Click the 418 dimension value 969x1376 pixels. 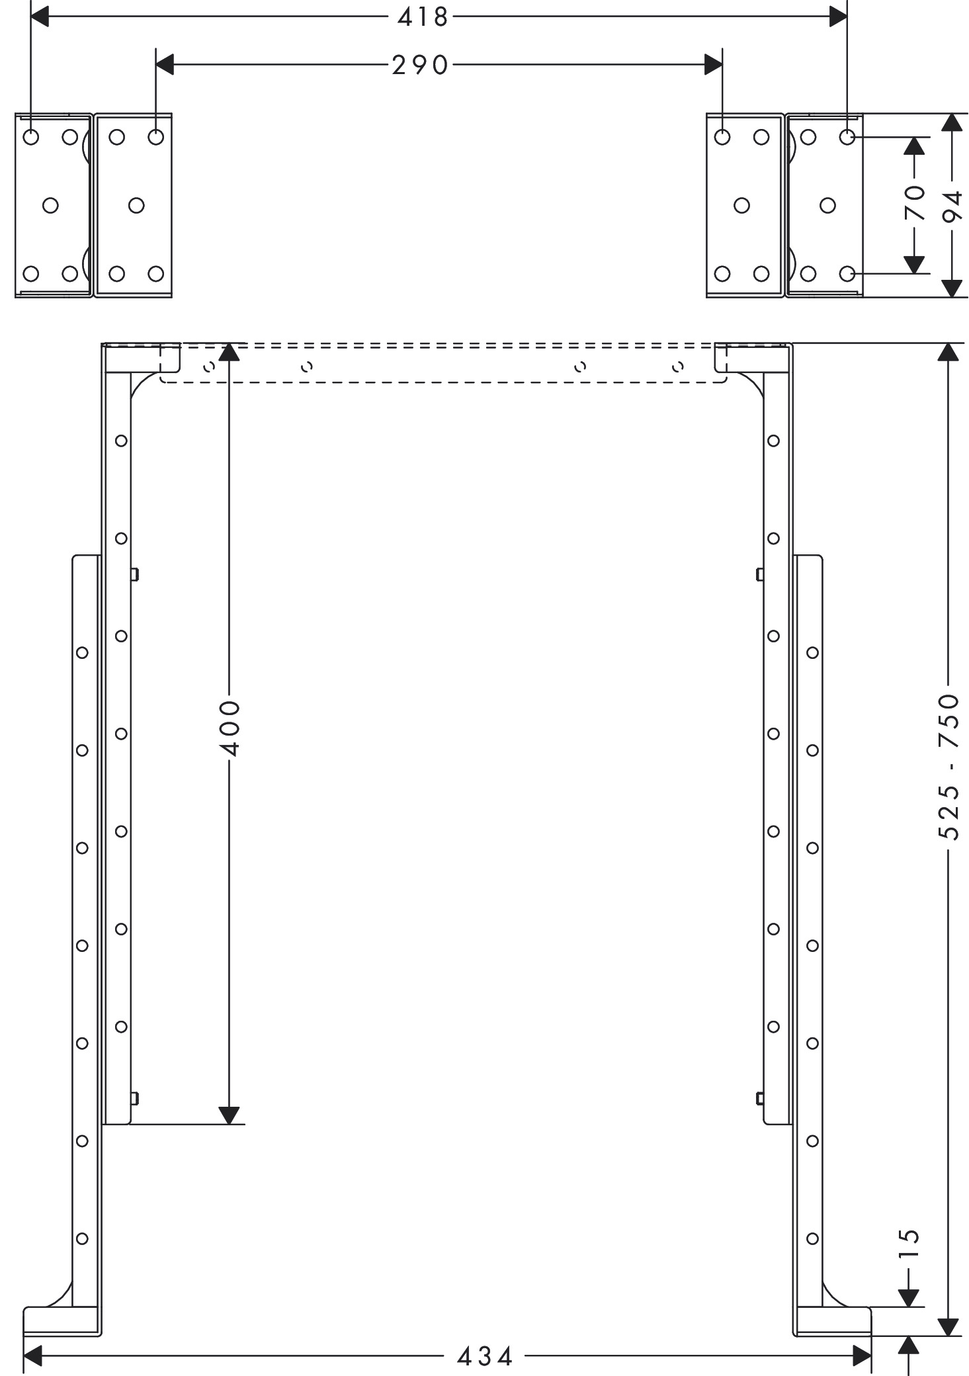click(x=423, y=17)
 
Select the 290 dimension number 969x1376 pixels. click(x=420, y=65)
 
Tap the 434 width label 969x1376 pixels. click(x=485, y=1357)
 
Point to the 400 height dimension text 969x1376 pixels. click(x=230, y=728)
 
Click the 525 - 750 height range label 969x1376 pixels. click(x=949, y=767)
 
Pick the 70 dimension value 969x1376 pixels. click(x=915, y=203)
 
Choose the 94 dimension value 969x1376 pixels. click(x=952, y=207)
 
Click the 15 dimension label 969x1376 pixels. click(x=910, y=1244)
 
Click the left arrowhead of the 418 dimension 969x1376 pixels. click(x=40, y=17)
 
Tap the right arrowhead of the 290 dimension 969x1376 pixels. click(x=714, y=65)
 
